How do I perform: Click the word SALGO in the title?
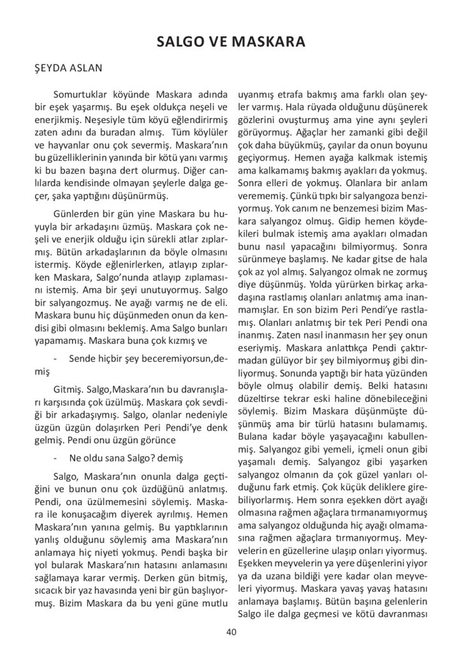[x=179, y=43]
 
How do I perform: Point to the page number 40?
[x=231, y=632]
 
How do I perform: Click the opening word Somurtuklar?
[x=80, y=93]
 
